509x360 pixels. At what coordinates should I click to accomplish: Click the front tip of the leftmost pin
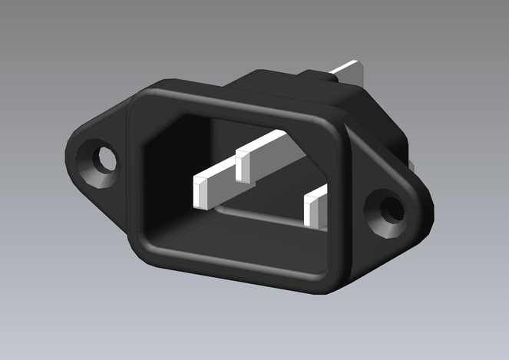pos(200,192)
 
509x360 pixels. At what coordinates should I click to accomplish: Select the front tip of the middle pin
pos(244,165)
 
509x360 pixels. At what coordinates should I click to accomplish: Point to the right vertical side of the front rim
pos(341,207)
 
